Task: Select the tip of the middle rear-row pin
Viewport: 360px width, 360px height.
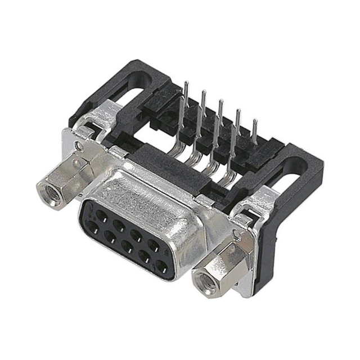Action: tap(220, 102)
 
